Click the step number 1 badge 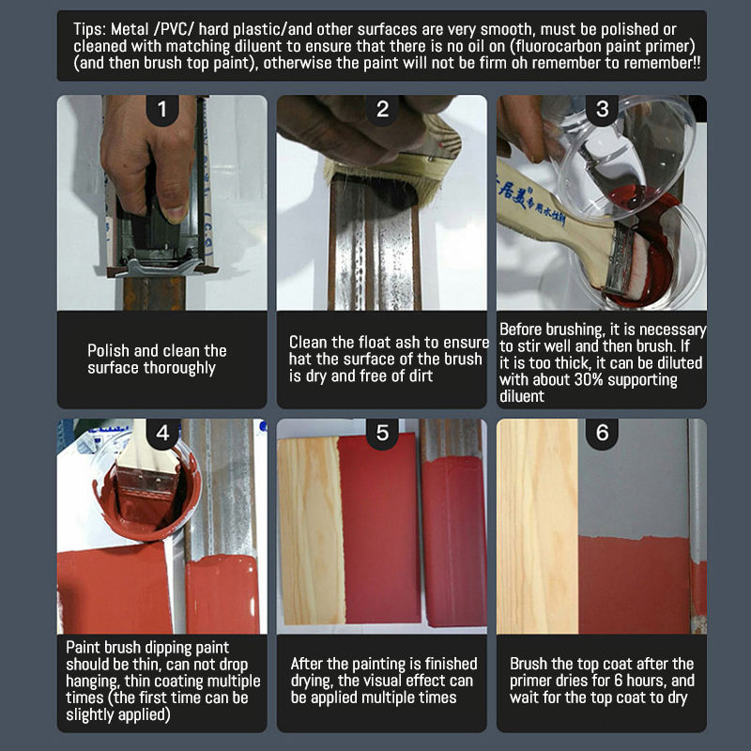click(162, 110)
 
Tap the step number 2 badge click(382, 110)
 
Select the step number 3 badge click(602, 110)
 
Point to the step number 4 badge click(162, 434)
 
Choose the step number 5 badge click(382, 434)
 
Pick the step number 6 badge click(602, 434)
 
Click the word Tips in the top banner click(89, 30)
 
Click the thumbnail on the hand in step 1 click(176, 210)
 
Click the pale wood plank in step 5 click(311, 530)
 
